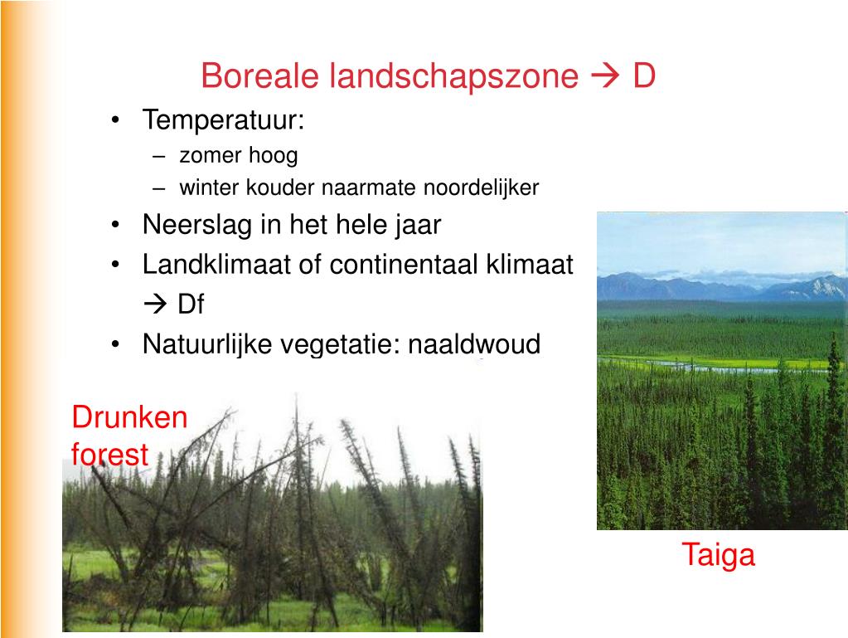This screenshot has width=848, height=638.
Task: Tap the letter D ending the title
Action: (x=644, y=77)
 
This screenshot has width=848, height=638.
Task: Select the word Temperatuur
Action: (x=223, y=120)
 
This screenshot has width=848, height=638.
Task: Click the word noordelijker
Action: (x=481, y=188)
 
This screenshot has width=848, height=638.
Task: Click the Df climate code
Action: (x=191, y=304)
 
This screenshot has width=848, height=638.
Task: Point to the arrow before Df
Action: (x=156, y=304)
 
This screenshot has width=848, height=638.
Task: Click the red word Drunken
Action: (x=130, y=416)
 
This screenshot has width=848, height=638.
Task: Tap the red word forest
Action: (x=109, y=455)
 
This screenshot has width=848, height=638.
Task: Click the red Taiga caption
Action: (x=718, y=555)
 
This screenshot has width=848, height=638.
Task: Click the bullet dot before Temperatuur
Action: (x=117, y=121)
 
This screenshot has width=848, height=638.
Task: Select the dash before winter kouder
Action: (x=159, y=188)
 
